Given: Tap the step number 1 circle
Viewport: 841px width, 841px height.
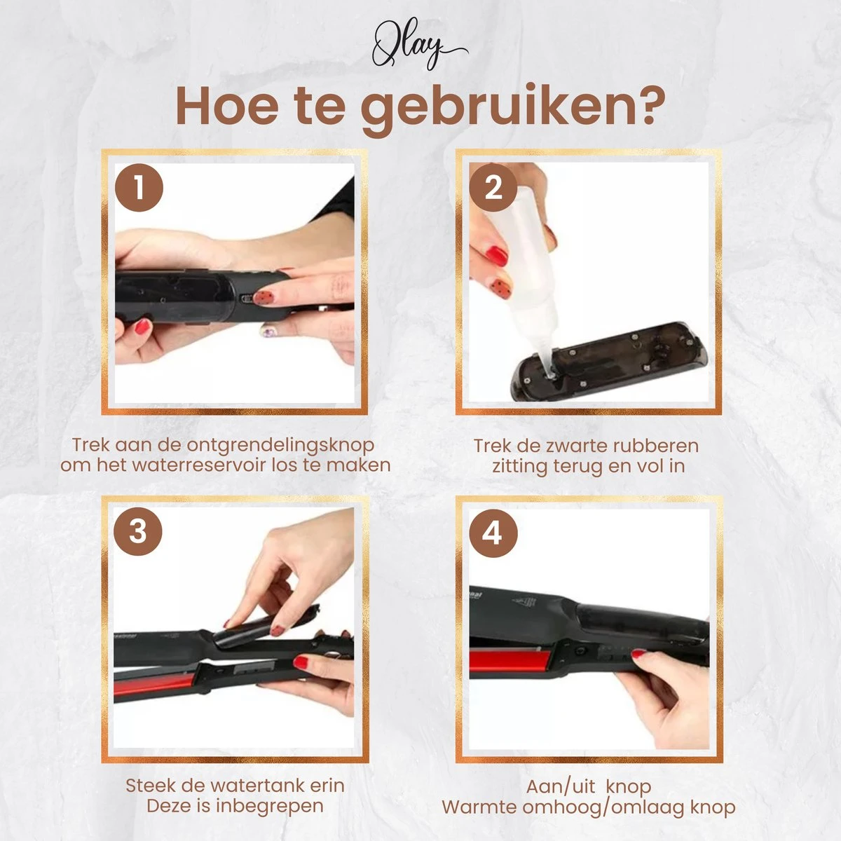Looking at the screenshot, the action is coord(139,188).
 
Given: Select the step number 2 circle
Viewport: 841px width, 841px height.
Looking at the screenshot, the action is coord(493,188).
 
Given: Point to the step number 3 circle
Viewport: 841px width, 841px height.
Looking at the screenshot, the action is coord(138,531).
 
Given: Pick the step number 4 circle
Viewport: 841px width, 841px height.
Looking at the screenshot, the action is coord(493,533).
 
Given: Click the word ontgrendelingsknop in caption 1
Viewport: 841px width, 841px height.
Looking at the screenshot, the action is coord(280,446).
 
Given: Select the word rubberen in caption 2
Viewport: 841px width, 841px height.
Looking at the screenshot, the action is coord(655,446).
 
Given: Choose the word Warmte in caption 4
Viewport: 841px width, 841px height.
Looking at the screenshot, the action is coord(479,807).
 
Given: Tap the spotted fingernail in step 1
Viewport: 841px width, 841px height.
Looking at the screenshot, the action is coord(264,298).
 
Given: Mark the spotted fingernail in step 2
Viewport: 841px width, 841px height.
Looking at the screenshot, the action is coord(500,288).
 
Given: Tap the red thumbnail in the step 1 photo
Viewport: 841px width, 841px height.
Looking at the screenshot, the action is coord(142,327).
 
